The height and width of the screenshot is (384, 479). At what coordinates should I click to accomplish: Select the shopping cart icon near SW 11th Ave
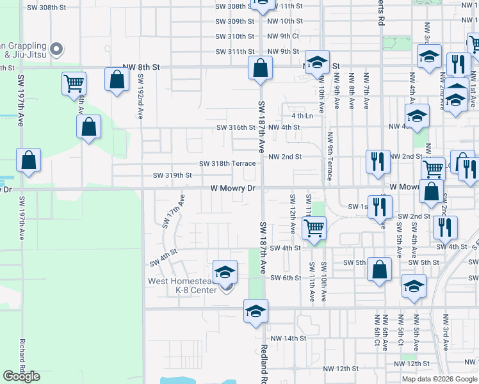[x=314, y=227]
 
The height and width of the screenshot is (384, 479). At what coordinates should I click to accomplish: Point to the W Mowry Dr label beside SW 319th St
[x=233, y=188]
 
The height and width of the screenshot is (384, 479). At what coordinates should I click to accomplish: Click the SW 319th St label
[x=172, y=175]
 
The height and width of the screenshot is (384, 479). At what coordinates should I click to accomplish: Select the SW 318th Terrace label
[x=227, y=163]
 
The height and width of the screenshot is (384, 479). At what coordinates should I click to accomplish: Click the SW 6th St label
[x=285, y=278]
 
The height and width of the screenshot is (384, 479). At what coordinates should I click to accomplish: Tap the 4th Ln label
[x=302, y=116]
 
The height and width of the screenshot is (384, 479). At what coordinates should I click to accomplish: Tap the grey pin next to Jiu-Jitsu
[x=56, y=48]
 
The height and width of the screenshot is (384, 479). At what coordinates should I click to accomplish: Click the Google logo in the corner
[x=22, y=376]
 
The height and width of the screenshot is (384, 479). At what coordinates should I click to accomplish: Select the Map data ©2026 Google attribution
[x=439, y=379]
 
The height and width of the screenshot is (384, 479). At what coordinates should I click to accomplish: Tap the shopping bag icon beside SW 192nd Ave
[x=116, y=80]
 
